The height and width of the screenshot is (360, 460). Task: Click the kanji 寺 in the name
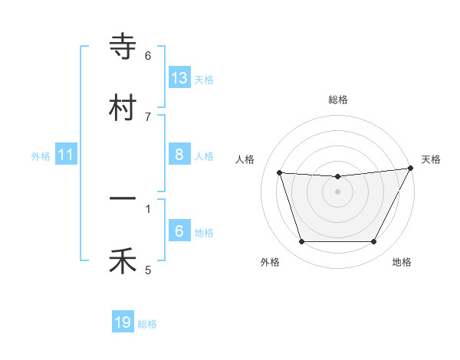tap(123, 48)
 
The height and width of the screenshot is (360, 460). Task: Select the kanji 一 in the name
tap(123, 198)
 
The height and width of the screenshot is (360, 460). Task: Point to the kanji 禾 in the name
tap(123, 260)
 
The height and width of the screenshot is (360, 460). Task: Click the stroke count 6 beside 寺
tap(148, 56)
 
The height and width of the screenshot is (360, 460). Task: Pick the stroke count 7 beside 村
tap(148, 116)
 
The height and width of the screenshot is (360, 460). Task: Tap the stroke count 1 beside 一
tap(148, 208)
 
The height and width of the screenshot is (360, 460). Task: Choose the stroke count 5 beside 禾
tap(148, 270)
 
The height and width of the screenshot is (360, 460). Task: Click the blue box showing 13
tap(179, 78)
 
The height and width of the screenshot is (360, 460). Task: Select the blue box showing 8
tap(179, 155)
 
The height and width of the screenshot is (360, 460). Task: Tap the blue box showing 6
tap(179, 231)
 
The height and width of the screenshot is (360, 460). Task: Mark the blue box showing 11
tap(66, 155)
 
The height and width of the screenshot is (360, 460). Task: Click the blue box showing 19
tap(123, 323)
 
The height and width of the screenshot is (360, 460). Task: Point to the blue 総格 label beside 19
tap(147, 324)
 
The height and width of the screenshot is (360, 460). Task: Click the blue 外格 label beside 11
tap(41, 155)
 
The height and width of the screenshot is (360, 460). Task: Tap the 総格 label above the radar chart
tap(337, 100)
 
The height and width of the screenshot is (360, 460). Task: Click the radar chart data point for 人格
tap(279, 173)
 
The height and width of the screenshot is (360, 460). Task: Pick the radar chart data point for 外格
tap(301, 242)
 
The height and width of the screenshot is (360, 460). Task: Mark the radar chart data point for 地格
tap(374, 242)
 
